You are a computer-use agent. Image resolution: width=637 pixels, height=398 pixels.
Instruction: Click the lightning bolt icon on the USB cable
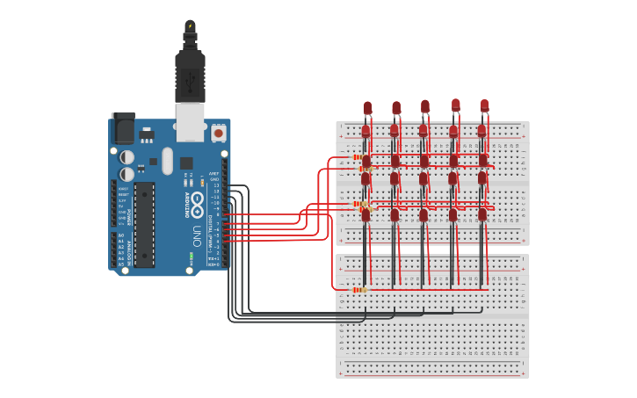190,25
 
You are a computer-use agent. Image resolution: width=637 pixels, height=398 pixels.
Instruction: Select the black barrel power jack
123,128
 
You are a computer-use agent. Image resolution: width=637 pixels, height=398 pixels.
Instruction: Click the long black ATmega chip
144,224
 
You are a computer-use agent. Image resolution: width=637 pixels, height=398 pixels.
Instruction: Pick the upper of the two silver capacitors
127,156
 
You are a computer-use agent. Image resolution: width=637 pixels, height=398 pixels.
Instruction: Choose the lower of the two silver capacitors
127,174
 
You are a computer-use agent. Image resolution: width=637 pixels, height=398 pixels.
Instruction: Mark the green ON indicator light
192,257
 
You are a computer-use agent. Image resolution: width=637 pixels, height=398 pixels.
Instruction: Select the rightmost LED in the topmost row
484,105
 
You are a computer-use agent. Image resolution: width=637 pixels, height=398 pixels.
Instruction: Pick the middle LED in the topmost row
425,106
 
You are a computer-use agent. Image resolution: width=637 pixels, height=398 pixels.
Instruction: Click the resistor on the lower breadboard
358,289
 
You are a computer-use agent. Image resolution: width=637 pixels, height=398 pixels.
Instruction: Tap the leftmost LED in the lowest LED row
366,213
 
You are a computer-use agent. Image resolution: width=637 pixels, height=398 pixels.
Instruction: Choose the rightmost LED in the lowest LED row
482,213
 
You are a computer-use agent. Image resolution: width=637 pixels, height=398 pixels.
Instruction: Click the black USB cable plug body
190,75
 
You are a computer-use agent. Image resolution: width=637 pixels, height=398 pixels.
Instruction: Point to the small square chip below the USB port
186,163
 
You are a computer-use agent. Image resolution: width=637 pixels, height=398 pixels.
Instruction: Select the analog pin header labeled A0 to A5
113,250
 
